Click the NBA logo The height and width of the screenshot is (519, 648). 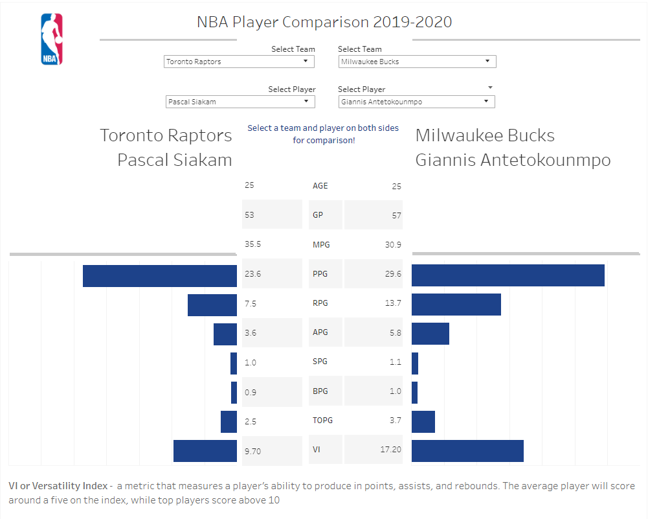tap(52, 40)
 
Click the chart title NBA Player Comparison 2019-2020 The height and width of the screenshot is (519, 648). tap(324, 22)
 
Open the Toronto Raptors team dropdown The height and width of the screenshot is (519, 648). tap(239, 62)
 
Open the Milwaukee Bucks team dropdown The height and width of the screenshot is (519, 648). tap(417, 62)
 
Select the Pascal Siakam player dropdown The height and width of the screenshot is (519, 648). tap(240, 102)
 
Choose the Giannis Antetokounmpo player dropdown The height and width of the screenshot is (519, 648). tap(416, 102)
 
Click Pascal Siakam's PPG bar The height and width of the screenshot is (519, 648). tap(160, 275)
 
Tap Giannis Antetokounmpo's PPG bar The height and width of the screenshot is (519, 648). tap(508, 275)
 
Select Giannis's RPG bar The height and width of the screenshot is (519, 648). tap(456, 305)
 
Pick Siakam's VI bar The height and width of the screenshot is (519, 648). tap(205, 451)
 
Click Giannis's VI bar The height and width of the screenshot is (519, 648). tap(467, 451)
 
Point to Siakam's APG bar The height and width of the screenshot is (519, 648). tap(225, 334)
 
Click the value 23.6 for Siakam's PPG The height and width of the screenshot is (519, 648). tap(253, 274)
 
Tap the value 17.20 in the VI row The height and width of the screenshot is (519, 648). tap(390, 449)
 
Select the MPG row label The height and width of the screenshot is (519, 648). tap(320, 245)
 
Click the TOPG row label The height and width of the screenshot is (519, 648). tap(322, 421)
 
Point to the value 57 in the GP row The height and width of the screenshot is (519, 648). tap(396, 216)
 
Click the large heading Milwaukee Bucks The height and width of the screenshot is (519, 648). tap(485, 135)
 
